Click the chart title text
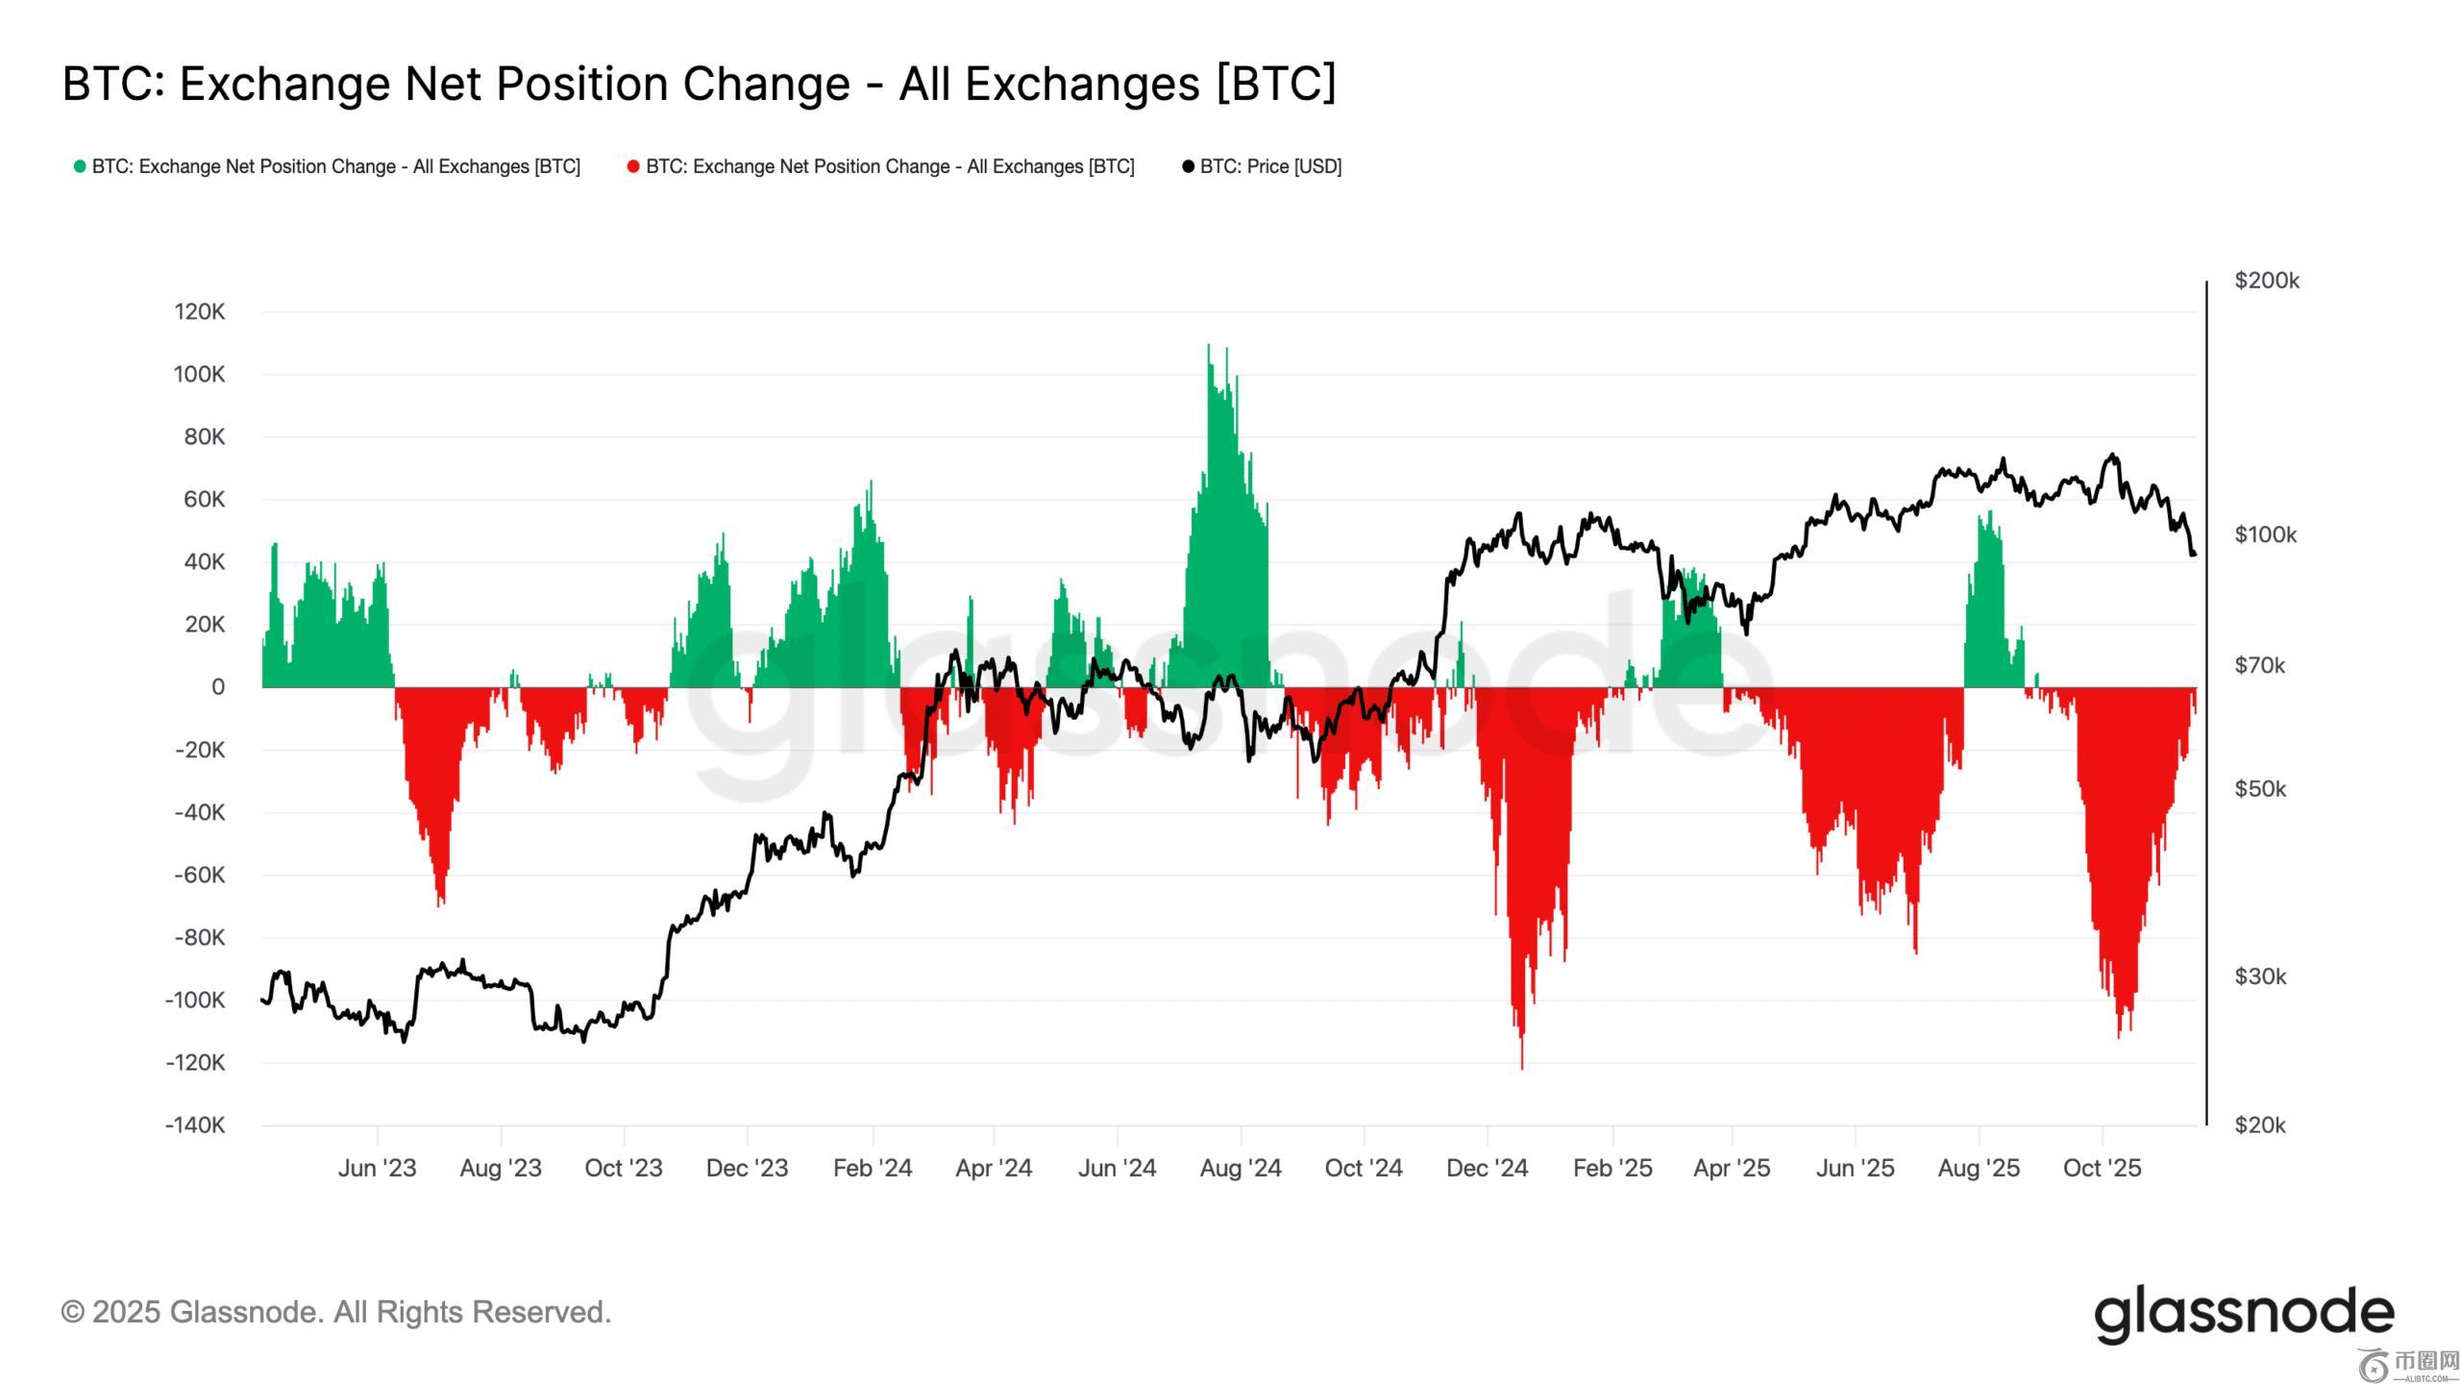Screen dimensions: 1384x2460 pyautogui.click(x=699, y=84)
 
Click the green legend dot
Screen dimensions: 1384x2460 pyautogui.click(x=80, y=166)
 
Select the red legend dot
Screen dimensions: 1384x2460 pyautogui.click(x=633, y=166)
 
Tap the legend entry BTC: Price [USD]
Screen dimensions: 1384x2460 pyautogui.click(x=1269, y=166)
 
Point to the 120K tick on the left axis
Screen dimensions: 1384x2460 pyautogui.click(x=200, y=311)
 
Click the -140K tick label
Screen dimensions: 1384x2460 pyautogui.click(x=195, y=1124)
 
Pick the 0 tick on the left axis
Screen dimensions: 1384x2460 pyautogui.click(x=218, y=687)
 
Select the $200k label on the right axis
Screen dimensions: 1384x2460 pyautogui.click(x=2267, y=281)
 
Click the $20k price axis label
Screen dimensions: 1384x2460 pyautogui.click(x=2260, y=1124)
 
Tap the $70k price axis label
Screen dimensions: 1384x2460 pyautogui.click(x=2260, y=665)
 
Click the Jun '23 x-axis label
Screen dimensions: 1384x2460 pyautogui.click(x=377, y=1168)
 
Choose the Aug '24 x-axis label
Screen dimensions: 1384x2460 pyautogui.click(x=1241, y=1168)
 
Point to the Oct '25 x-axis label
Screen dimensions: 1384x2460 pyautogui.click(x=2103, y=1168)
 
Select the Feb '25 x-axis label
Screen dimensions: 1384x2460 pyautogui.click(x=1612, y=1168)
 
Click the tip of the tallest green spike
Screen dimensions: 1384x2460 pyautogui.click(x=1209, y=345)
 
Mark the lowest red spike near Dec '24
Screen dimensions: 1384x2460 pyautogui.click(x=1522, y=1067)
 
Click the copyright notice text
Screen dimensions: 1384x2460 pyautogui.click(x=336, y=1312)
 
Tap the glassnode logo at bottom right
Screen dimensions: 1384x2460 pyautogui.click(x=2244, y=1314)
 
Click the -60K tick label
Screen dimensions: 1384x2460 pyautogui.click(x=200, y=875)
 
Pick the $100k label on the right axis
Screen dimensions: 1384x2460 pyautogui.click(x=2266, y=534)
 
